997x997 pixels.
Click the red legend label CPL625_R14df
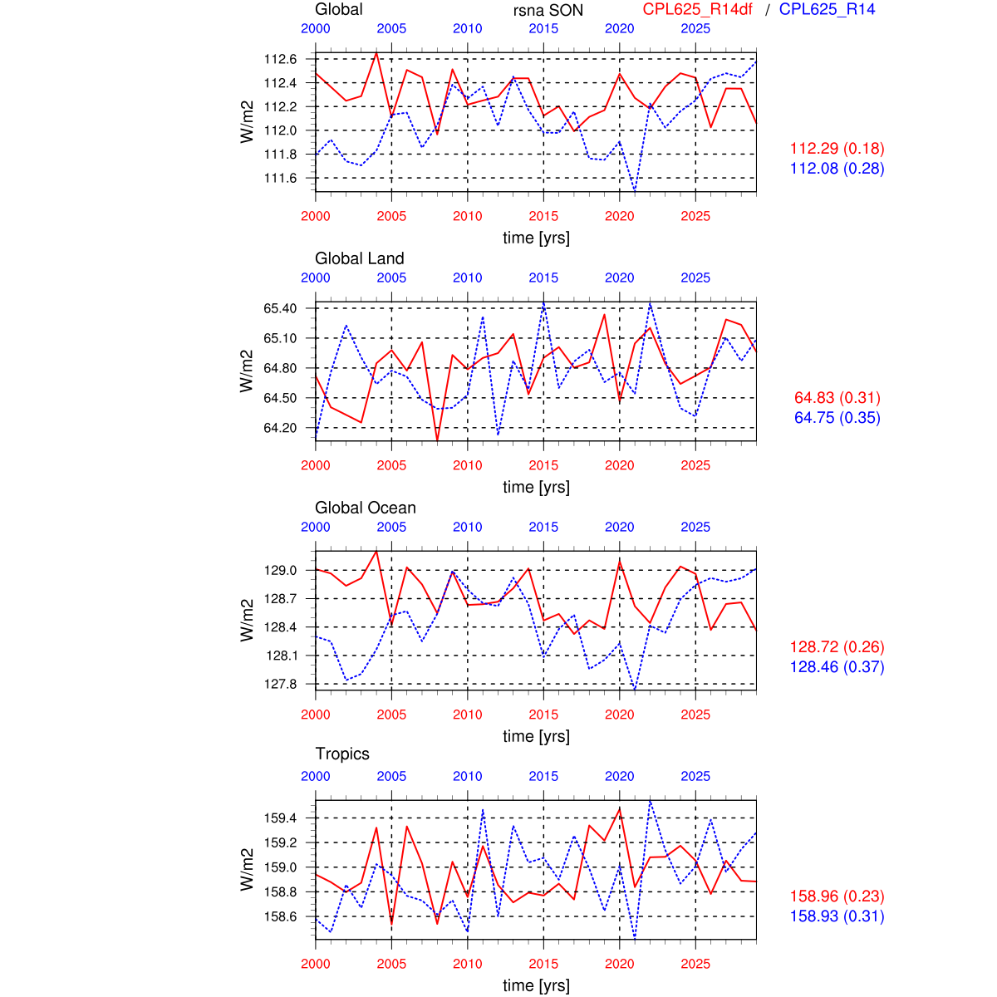pos(698,10)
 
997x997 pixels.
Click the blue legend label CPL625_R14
pos(827,10)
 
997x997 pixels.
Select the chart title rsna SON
pos(548,11)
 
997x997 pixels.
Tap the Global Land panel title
pos(359,258)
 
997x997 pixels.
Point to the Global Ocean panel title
pos(365,508)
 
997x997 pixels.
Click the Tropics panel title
pos(342,754)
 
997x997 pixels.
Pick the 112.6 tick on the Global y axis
pos(280,59)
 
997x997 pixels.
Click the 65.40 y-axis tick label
pos(280,308)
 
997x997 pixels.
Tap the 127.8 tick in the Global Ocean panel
pos(280,684)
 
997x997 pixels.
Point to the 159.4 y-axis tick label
pos(280,818)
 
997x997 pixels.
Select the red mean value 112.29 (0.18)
pos(837,149)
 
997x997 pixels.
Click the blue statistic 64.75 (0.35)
pos(837,418)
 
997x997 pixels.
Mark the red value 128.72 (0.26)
pos(837,647)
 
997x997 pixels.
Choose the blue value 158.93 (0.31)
pos(837,916)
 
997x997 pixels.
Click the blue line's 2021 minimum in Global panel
pos(635,189)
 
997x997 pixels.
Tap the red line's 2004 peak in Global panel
pos(376,53)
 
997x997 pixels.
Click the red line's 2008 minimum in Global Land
pos(437,440)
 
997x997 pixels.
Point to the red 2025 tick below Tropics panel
pos(695,964)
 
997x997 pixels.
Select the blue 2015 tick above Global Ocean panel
pos(543,527)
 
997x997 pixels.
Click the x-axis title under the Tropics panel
pos(536,985)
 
